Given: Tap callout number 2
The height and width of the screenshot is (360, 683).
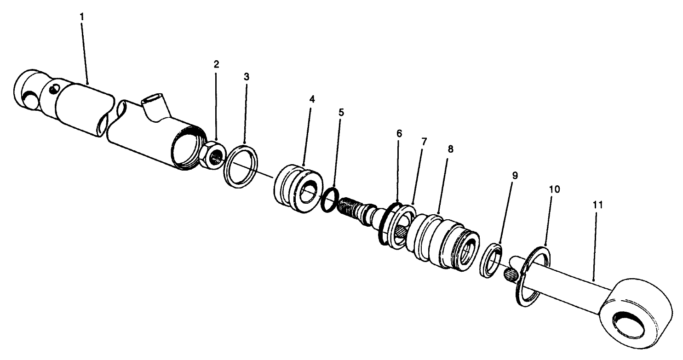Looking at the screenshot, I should (x=216, y=64).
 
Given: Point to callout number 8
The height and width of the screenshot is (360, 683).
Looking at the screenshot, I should (x=450, y=149).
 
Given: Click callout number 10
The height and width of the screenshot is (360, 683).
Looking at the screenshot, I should (x=554, y=189).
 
